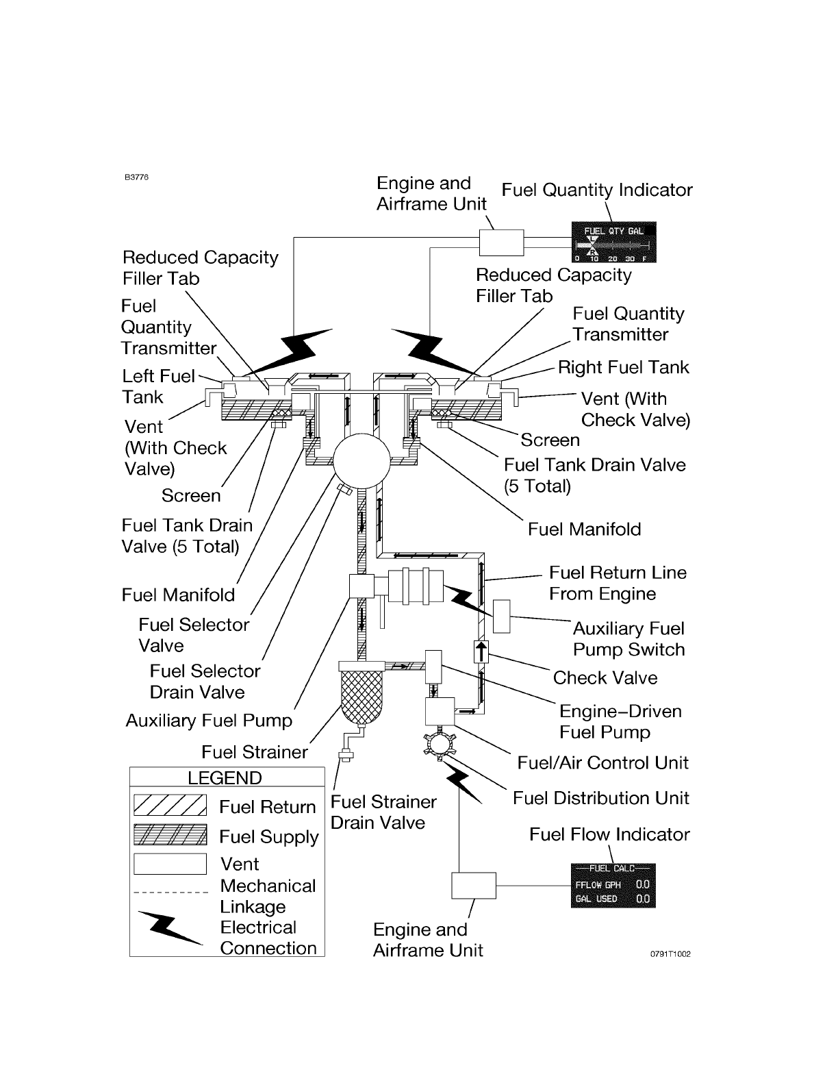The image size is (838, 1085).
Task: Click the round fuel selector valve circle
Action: point(361,461)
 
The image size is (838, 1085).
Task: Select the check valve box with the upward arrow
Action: point(481,651)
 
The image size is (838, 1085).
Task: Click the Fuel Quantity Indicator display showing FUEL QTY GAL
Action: point(613,242)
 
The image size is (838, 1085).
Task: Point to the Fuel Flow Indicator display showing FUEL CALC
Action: point(613,885)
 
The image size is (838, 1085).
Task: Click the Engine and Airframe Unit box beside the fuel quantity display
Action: point(502,242)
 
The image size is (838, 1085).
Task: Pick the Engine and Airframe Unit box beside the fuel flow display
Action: point(474,885)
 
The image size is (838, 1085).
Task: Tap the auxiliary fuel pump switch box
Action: point(502,616)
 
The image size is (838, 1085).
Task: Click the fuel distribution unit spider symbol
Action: point(440,745)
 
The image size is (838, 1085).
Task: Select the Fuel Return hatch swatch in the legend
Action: point(170,804)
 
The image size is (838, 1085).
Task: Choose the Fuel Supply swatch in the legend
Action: point(170,834)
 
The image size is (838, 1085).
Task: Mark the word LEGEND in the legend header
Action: point(225,778)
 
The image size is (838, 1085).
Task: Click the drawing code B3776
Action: point(136,177)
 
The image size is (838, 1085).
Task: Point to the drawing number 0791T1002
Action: point(670,954)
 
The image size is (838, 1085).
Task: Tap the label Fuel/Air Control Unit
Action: point(603,763)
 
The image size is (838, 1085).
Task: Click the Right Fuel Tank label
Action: point(624,367)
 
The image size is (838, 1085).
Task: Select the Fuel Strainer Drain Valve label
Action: point(383,812)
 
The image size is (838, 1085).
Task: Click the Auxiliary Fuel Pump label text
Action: point(209,721)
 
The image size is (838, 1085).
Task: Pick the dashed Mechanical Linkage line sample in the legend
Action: point(170,893)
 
